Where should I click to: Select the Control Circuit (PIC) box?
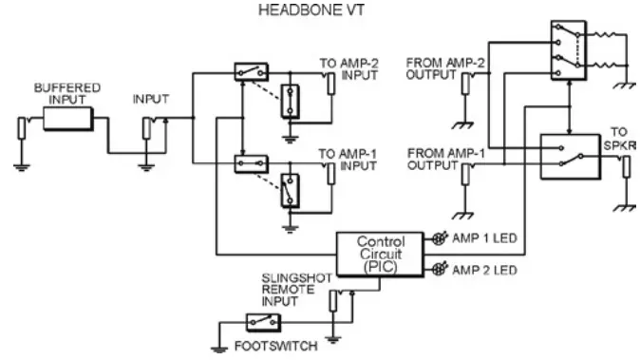380,255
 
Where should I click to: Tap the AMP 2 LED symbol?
440,270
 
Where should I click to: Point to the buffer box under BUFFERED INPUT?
68,119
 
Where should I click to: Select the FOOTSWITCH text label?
265,347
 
